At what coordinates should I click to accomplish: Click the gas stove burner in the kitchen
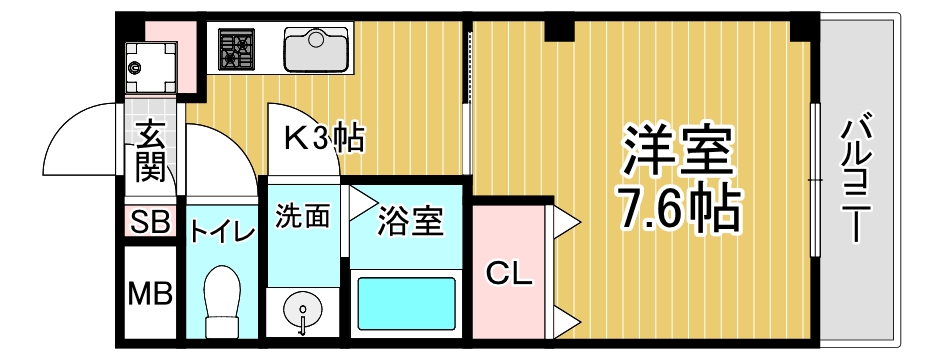pyautogui.click(x=236, y=50)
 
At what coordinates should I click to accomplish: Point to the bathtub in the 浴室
pyautogui.click(x=406, y=304)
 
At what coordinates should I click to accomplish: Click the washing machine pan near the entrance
pyautogui.click(x=152, y=67)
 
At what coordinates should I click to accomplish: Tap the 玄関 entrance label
pyautogui.click(x=150, y=151)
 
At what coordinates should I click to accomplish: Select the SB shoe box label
pyautogui.click(x=151, y=221)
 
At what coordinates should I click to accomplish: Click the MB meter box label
pyautogui.click(x=151, y=294)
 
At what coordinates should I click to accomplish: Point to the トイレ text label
pyautogui.click(x=223, y=232)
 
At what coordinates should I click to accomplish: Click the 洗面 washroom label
pyautogui.click(x=303, y=216)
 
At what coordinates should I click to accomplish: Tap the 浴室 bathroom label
pyautogui.click(x=410, y=221)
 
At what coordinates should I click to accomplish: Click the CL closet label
pyautogui.click(x=509, y=275)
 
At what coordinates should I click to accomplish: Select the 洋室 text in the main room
pyautogui.click(x=678, y=151)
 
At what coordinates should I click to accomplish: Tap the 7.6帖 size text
pyautogui.click(x=678, y=209)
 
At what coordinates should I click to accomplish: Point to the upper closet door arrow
pyautogui.click(x=566, y=224)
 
